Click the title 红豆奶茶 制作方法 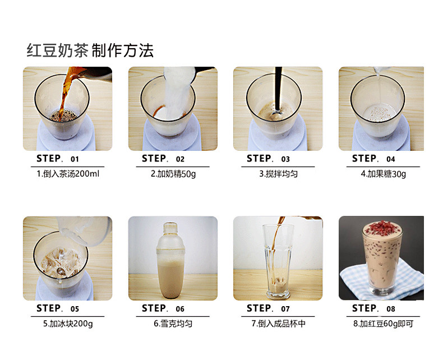(x=90, y=51)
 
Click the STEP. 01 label (x=58, y=159)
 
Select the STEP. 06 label (x=163, y=308)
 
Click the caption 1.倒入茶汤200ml (x=68, y=174)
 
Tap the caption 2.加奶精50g (x=173, y=174)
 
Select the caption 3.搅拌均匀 (x=278, y=174)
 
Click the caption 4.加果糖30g (x=384, y=174)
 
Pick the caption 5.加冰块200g (x=68, y=324)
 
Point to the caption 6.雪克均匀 (x=173, y=324)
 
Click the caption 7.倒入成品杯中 (x=278, y=324)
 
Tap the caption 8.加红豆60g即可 (x=384, y=324)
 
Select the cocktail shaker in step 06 (x=170, y=261)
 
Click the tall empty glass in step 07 (x=278, y=261)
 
